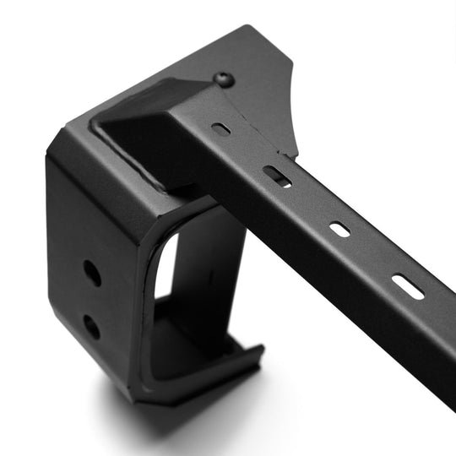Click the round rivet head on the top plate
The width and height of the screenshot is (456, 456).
point(225,79)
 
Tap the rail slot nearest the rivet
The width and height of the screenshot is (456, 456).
point(221,129)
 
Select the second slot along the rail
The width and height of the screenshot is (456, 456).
point(277,176)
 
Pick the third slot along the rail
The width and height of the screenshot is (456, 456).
point(339,229)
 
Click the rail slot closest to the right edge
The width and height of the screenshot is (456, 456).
point(408,286)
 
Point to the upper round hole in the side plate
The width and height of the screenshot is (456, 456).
point(92,272)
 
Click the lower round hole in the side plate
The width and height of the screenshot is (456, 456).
point(91,327)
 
